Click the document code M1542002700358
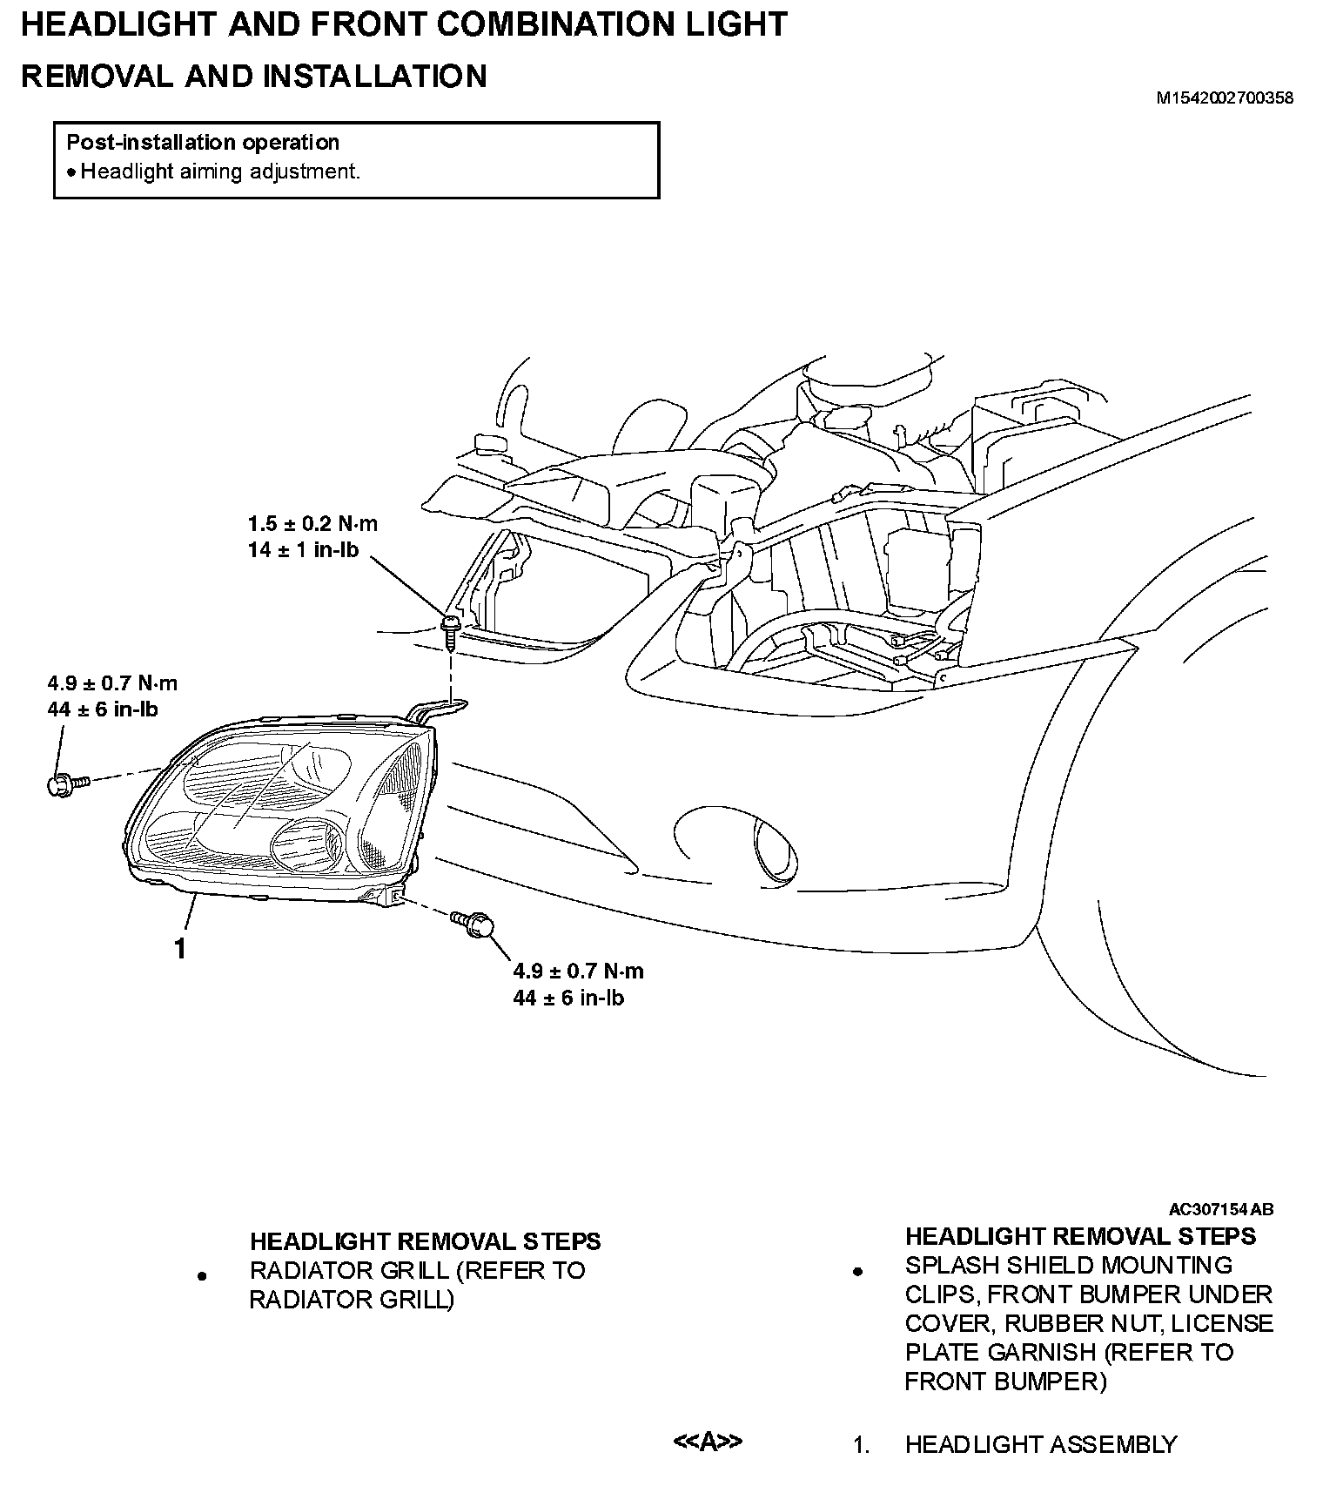(x=1224, y=98)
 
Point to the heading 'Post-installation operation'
(x=203, y=143)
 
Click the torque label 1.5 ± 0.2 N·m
(x=312, y=524)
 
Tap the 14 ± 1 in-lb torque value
(x=303, y=550)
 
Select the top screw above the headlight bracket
(x=451, y=630)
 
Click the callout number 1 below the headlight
(x=179, y=949)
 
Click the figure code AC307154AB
(x=1220, y=1209)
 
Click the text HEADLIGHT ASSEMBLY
(x=1040, y=1445)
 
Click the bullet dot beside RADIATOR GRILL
(x=202, y=1277)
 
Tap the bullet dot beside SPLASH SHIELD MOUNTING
(x=857, y=1272)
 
